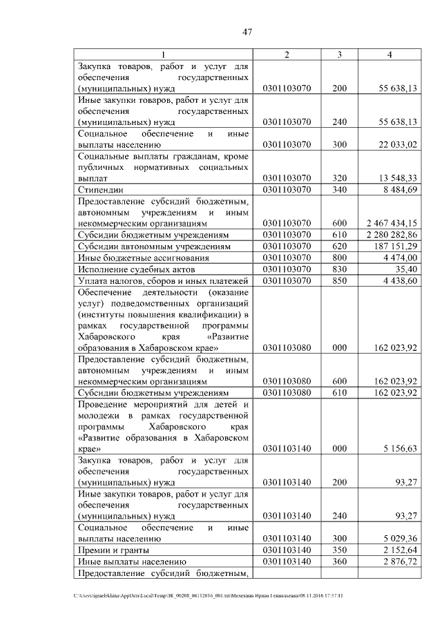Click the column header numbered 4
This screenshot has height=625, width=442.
pyautogui.click(x=390, y=55)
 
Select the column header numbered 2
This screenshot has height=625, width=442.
pyautogui.click(x=287, y=55)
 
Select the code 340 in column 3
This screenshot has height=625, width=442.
pyautogui.click(x=339, y=189)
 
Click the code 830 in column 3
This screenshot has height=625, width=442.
pyautogui.click(x=339, y=269)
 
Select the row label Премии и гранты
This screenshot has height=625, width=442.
pyautogui.click(x=114, y=550)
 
